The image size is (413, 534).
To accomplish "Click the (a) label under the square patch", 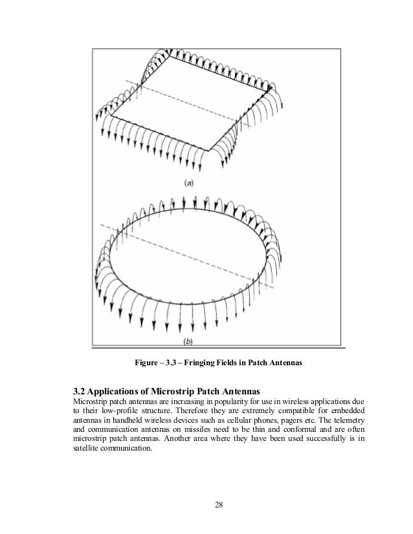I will pos(188,183).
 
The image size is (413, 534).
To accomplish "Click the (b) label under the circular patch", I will pos(188,341).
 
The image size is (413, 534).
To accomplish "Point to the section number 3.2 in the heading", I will pos(79,391).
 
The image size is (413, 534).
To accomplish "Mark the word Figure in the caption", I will pos(145,363).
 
